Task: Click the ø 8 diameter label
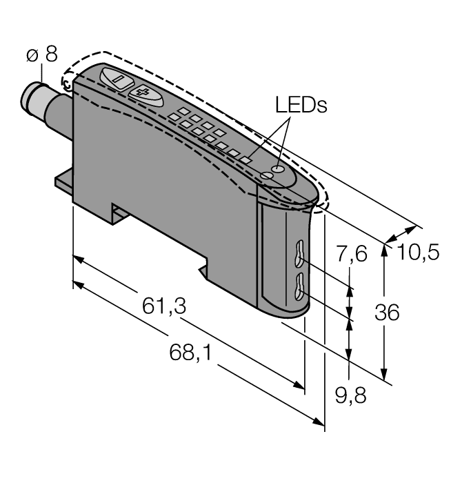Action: (x=42, y=55)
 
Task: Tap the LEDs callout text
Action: (x=300, y=106)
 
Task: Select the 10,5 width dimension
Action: (x=418, y=253)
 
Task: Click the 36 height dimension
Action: (x=386, y=313)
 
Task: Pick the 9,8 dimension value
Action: (x=350, y=397)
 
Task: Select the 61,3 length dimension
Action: (x=163, y=306)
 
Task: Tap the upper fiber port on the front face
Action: (x=299, y=253)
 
